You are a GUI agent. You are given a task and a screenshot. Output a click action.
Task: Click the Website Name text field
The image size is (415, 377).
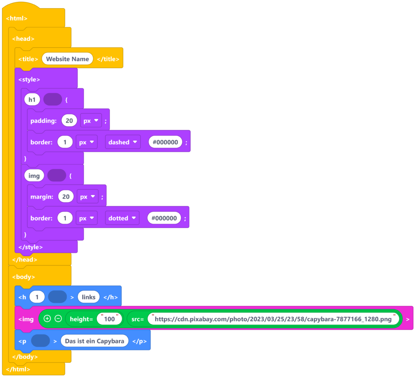point(67,59)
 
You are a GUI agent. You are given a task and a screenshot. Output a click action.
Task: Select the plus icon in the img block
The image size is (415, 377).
point(47,319)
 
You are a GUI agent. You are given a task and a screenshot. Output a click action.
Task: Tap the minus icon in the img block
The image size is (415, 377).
point(58,319)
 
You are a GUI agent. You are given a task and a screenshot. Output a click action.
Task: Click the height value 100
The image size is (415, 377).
point(109,319)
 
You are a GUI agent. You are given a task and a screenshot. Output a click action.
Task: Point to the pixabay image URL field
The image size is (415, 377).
point(273,319)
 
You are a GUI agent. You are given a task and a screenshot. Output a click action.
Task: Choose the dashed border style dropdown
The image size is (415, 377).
point(123,142)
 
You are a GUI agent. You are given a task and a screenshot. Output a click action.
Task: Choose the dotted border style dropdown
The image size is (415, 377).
point(122,218)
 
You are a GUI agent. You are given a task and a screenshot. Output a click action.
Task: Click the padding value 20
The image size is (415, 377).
point(69,121)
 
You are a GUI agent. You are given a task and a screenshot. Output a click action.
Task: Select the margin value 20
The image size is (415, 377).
point(66,197)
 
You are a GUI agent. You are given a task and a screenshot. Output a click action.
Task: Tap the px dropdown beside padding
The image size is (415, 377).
point(91,121)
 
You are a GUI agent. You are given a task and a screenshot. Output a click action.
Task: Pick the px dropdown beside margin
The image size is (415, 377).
point(88,197)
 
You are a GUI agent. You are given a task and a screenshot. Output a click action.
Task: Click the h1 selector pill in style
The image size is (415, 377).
point(32,99)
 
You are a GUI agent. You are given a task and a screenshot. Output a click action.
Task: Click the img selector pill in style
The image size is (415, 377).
point(34,176)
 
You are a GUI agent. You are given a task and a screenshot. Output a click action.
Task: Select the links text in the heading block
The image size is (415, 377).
point(88,297)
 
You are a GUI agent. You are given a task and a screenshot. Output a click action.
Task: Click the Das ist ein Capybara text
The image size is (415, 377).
point(94,341)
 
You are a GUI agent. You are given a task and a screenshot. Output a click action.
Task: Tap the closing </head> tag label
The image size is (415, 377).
point(25,259)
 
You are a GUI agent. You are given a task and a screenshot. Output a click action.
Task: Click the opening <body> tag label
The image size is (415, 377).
point(24,277)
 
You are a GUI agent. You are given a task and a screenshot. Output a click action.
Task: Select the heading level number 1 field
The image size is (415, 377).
point(37,297)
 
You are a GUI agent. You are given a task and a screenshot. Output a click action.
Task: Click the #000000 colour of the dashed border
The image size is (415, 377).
point(165,142)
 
